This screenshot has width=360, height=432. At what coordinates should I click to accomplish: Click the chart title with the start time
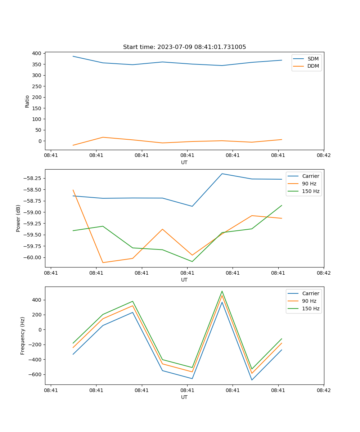pos(184,47)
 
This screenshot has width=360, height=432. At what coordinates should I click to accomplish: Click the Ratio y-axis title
pos(27,101)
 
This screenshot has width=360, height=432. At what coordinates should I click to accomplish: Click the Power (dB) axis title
pos(18,218)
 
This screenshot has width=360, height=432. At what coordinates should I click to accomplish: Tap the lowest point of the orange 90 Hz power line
pos(103,262)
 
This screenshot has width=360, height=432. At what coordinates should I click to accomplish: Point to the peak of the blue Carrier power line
pos(222,174)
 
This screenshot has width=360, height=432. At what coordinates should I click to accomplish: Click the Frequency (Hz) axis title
pos(23,336)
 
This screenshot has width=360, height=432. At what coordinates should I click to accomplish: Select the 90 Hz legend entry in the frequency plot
pos(309,301)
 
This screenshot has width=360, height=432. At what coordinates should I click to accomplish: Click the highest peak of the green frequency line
pos(222,291)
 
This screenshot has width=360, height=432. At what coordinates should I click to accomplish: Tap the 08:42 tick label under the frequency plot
pos(323,390)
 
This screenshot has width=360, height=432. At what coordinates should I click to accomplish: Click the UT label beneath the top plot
pos(184,162)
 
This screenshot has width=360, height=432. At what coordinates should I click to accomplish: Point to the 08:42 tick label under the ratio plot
pos(323,156)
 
